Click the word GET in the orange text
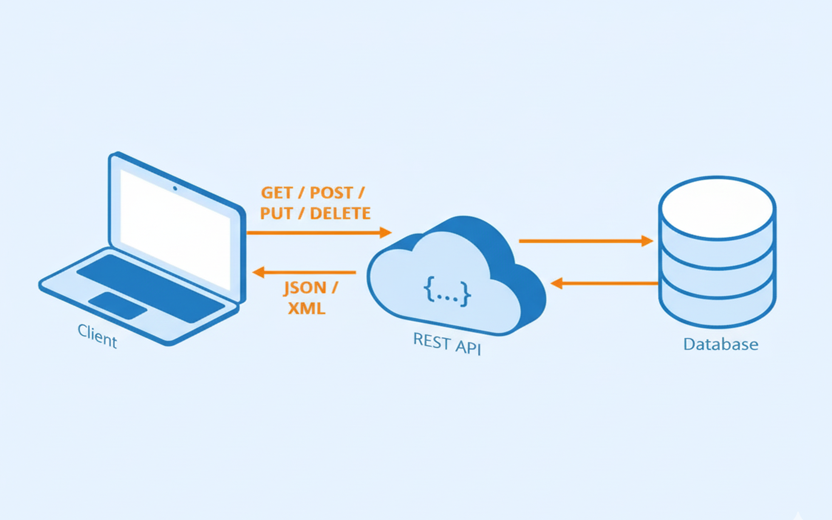(x=277, y=193)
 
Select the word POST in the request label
(x=332, y=193)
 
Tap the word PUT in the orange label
(x=276, y=213)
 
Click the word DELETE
(x=340, y=213)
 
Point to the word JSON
(x=305, y=288)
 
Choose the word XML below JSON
(x=307, y=309)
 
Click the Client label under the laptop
(x=97, y=336)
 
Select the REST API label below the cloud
(x=447, y=344)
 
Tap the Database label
(x=721, y=344)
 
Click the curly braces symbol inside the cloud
(x=447, y=292)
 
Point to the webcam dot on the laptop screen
(x=175, y=188)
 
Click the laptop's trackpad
(x=118, y=306)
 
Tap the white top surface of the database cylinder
(x=717, y=208)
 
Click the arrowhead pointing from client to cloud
(x=386, y=232)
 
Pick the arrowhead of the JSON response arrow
(x=258, y=272)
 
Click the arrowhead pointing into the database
(x=647, y=241)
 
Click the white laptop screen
(x=175, y=229)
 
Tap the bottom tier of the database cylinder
(x=717, y=310)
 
